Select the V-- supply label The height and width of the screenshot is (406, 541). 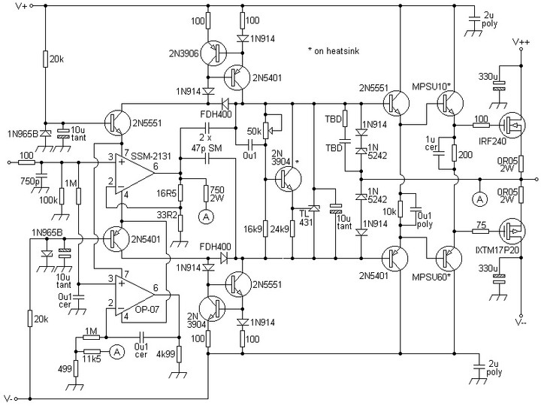521,323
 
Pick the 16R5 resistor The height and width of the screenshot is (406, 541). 180,192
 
